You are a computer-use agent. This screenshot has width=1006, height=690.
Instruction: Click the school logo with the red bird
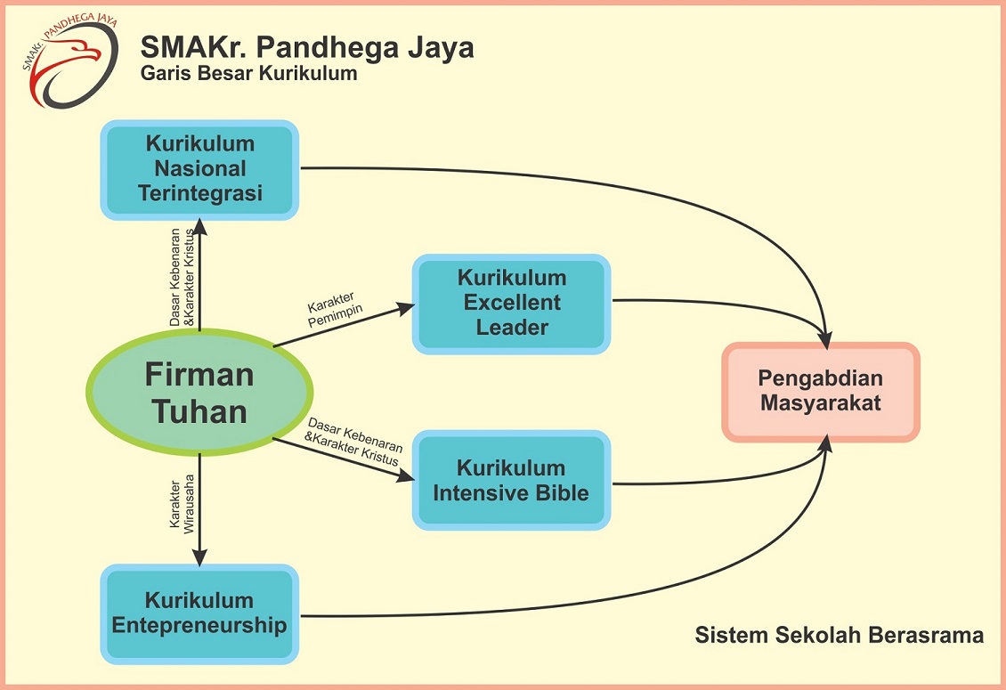69,61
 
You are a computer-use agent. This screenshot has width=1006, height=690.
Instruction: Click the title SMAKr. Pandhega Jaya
307,47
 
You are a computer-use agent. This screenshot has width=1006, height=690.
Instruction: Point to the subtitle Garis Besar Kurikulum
248,74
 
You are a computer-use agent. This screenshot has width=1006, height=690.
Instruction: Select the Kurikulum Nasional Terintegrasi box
199,169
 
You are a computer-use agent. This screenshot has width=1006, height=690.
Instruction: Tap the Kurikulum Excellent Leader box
511,304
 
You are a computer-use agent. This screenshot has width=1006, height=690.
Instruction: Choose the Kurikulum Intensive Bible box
511,481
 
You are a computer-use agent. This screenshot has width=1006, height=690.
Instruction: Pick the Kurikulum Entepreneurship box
199,613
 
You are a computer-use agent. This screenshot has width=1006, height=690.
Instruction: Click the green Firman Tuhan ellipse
199,393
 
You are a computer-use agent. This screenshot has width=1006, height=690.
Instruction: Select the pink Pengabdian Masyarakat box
820,392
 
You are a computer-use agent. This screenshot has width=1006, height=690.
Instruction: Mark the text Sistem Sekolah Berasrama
839,636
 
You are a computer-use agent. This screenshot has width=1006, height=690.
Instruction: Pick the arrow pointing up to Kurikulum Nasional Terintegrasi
199,276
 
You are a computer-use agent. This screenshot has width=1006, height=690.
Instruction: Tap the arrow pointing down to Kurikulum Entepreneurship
199,507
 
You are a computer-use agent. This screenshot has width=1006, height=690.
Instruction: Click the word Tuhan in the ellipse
199,411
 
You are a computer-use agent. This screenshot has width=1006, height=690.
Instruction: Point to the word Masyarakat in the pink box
820,403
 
